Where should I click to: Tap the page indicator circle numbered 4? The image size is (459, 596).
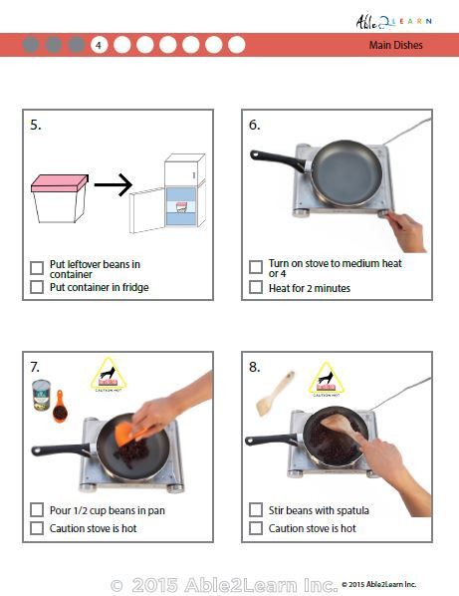click(99, 45)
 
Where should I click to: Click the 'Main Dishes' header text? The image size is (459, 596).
click(395, 45)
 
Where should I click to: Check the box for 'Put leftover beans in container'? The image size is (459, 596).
click(37, 268)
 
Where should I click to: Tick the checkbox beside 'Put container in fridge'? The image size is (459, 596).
click(37, 287)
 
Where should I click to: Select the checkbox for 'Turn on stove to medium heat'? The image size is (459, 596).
click(256, 267)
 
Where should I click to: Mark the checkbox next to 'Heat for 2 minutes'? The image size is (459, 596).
click(256, 288)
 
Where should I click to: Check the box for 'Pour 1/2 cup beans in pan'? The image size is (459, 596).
click(37, 509)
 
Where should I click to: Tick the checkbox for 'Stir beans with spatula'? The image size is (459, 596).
click(256, 509)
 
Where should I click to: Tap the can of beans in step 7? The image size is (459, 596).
click(42, 396)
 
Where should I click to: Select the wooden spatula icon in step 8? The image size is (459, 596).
click(268, 392)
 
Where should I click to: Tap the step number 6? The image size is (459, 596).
click(255, 125)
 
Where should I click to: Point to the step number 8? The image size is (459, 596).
click(255, 367)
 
